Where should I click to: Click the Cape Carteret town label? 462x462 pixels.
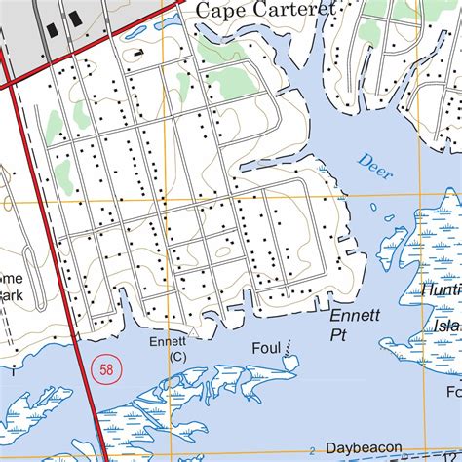coord(265,10)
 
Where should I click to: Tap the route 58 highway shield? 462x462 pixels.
coord(106,369)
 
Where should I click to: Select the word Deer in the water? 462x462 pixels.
coord(374,167)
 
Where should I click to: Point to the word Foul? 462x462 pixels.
coord(265,347)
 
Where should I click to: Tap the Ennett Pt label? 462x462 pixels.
coord(350,326)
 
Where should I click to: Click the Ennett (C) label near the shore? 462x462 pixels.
coord(167,349)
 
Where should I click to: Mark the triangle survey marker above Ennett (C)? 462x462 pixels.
coord(193,333)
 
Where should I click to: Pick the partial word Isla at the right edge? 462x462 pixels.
coord(447,325)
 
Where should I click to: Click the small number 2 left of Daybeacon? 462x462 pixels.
coord(311,449)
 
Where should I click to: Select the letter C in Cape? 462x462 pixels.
coord(205,10)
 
